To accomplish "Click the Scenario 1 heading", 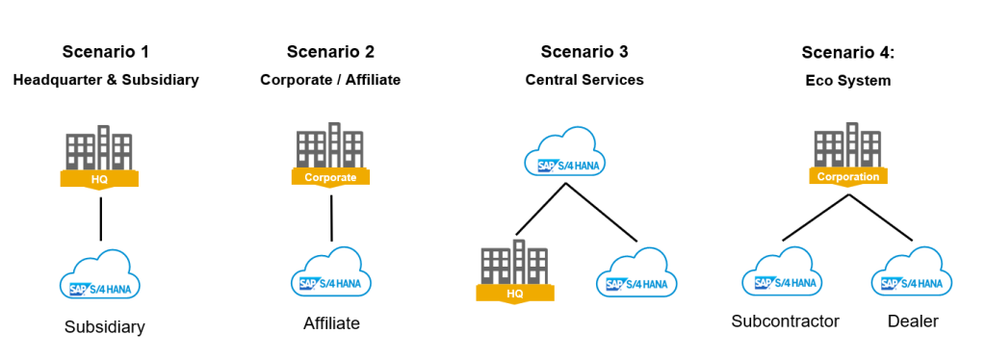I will [x=106, y=51].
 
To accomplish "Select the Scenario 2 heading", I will [x=330, y=51].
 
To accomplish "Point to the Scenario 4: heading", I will [x=848, y=51].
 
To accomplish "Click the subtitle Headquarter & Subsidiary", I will [x=106, y=80].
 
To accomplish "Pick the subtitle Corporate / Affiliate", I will [x=330, y=80].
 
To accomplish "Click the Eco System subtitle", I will [x=848, y=81].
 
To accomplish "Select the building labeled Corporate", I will [x=330, y=154].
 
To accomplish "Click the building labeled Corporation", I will [x=848, y=154].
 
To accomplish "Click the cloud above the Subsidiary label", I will [x=100, y=275].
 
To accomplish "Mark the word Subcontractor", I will [x=785, y=321].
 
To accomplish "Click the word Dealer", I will [x=912, y=321].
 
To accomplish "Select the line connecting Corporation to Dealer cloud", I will [x=881, y=218].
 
